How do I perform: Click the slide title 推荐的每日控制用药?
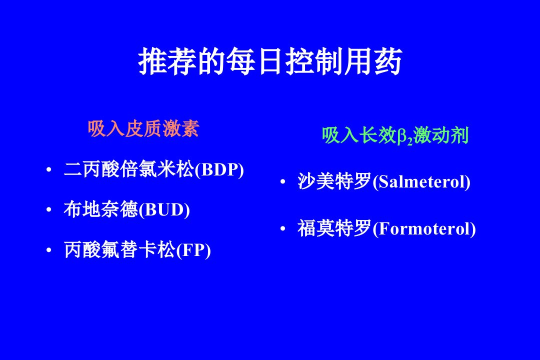[x=270, y=61]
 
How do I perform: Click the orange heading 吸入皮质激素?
[x=143, y=129]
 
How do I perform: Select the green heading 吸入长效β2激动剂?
[x=395, y=135]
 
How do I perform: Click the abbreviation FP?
[x=193, y=250]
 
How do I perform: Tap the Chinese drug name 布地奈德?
[x=101, y=209]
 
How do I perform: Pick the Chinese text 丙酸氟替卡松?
[x=120, y=250]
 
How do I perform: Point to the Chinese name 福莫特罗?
[x=334, y=228]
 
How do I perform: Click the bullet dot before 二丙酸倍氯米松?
[x=49, y=169]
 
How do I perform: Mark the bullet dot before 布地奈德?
[x=49, y=210]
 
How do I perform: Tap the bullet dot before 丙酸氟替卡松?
[x=49, y=250]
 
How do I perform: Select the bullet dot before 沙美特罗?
[x=282, y=181]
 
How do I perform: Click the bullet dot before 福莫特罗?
[x=282, y=228]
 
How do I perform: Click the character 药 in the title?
[x=388, y=61]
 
